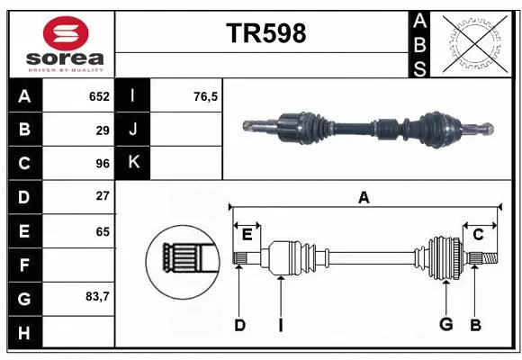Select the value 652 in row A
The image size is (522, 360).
[x=98, y=96]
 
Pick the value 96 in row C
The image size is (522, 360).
[x=102, y=164]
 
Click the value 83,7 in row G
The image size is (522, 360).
[x=95, y=296]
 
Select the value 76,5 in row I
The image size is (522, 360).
[x=206, y=96]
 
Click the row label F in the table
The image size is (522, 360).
[x=24, y=265]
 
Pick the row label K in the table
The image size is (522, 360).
[x=133, y=162]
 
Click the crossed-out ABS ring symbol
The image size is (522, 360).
[x=475, y=42]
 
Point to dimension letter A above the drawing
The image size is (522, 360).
[x=364, y=198]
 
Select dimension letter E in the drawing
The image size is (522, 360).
[x=247, y=235]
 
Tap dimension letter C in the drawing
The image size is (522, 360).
[x=479, y=235]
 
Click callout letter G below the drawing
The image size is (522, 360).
[x=445, y=325]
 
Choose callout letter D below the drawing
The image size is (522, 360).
[x=239, y=325]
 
